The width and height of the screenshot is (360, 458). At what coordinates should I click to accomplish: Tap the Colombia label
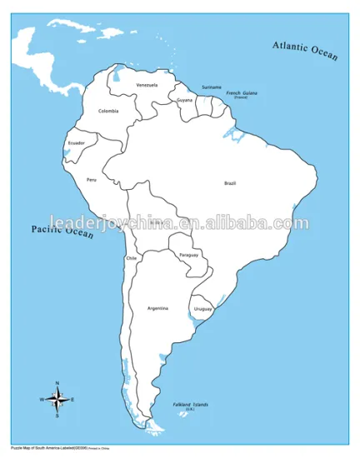coord(108,111)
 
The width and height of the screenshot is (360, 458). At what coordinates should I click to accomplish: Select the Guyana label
coord(185,100)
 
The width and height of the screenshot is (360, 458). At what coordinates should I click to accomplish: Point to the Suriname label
coord(212,87)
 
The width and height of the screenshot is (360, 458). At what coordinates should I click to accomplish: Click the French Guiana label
coord(242,93)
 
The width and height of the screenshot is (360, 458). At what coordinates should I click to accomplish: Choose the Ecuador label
coord(76,142)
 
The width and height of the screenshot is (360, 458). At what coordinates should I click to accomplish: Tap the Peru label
coord(92,179)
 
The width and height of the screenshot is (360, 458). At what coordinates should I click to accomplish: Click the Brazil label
coord(230,183)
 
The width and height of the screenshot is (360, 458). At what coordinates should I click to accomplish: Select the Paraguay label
coord(189,254)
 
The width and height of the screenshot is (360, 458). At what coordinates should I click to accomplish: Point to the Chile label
coord(131,258)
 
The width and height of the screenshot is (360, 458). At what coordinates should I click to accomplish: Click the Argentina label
coord(157,308)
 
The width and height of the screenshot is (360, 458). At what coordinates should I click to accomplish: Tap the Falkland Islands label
coord(191,406)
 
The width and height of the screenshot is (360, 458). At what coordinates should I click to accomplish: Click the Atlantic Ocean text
coord(306,52)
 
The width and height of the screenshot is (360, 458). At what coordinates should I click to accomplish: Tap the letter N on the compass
coord(57,383)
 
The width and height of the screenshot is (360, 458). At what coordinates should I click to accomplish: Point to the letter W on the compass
coord(42,400)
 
